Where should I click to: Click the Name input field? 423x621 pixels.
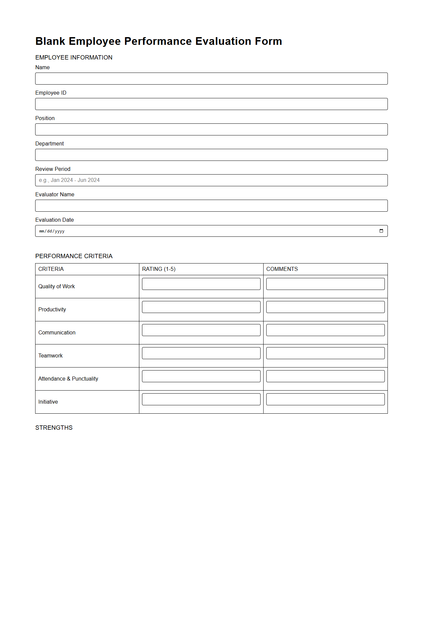tap(211, 79)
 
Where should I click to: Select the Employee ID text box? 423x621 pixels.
tap(211, 104)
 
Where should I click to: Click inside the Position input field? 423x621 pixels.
tap(211, 129)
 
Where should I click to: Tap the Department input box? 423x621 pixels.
tap(211, 155)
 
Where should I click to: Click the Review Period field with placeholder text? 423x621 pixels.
tap(211, 180)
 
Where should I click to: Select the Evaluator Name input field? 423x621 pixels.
tap(211, 206)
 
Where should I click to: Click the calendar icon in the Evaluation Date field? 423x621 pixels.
tap(381, 231)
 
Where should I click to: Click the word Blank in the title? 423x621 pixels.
tap(50, 41)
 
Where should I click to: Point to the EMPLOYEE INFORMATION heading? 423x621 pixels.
tap(74, 58)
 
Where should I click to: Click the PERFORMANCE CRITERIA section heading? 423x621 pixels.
tap(74, 256)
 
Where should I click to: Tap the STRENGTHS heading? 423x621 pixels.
tap(54, 428)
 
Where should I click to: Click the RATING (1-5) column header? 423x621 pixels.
tap(159, 269)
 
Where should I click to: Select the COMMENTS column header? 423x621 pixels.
tap(282, 269)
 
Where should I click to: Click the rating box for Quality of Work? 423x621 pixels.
tap(201, 284)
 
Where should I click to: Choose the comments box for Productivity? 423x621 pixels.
tap(325, 307)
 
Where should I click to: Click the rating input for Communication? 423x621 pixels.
tap(201, 330)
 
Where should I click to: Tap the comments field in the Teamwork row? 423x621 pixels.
tap(325, 353)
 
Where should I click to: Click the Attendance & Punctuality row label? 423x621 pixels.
tap(68, 379)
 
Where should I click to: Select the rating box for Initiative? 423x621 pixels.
tap(201, 399)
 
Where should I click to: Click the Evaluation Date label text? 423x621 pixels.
tap(55, 220)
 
